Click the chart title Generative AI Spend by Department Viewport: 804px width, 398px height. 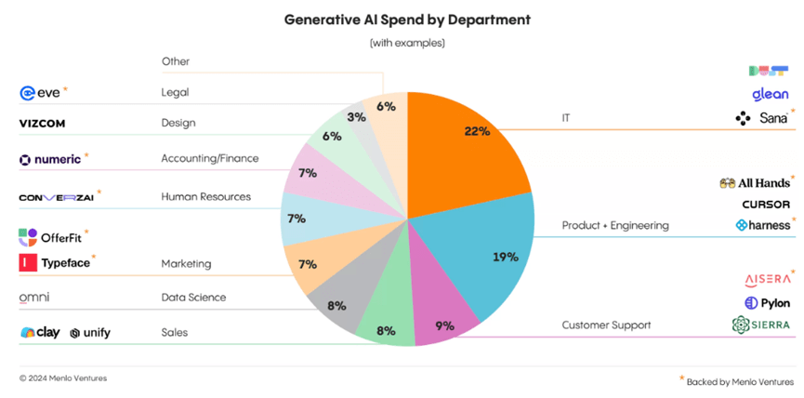(x=402, y=19)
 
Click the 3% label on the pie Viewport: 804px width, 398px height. (x=356, y=118)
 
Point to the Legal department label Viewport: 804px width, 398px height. (x=175, y=93)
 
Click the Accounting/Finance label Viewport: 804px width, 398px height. (x=209, y=159)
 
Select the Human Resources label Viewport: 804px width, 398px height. (x=205, y=197)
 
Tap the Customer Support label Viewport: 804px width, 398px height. (x=605, y=325)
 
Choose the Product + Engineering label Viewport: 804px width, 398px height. (x=615, y=225)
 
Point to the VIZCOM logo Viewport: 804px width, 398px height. (x=42, y=123)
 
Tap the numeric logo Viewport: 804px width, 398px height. (x=50, y=160)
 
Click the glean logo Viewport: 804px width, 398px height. (x=771, y=94)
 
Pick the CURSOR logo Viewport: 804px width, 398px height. (x=766, y=204)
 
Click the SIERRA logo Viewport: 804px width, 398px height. (x=761, y=325)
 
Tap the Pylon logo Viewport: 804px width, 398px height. (x=767, y=303)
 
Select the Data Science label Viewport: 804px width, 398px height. (x=193, y=298)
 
